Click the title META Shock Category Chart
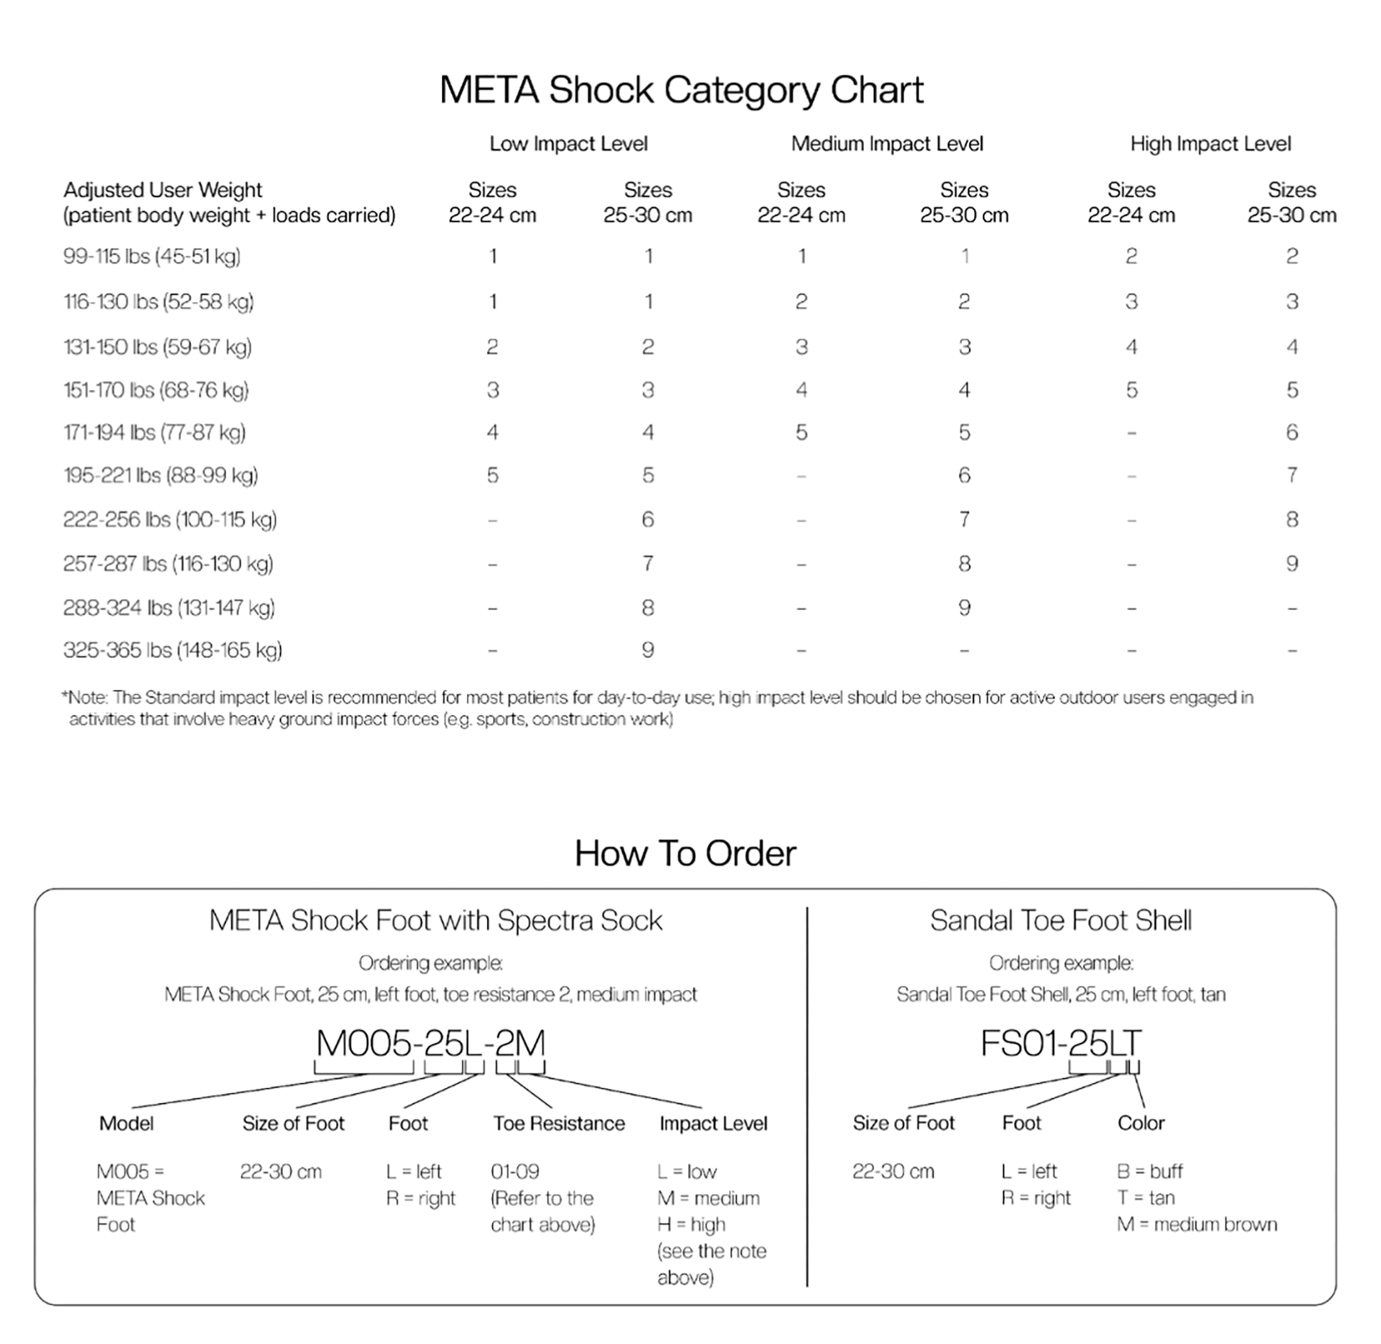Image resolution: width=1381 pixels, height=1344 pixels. click(681, 90)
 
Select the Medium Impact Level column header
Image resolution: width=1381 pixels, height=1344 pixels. click(887, 144)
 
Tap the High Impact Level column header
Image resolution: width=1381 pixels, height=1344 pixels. click(1210, 144)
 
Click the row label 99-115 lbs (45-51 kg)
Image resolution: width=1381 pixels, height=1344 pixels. click(152, 256)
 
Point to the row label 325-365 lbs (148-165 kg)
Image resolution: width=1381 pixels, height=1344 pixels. click(172, 650)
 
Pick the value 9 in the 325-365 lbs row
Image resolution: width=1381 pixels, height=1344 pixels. click(647, 650)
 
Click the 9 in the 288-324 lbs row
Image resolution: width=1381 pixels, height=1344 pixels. click(964, 608)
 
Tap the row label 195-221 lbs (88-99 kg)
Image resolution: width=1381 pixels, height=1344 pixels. click(160, 476)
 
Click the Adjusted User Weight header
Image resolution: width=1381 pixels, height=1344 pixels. click(163, 191)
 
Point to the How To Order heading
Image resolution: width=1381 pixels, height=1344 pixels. click(685, 853)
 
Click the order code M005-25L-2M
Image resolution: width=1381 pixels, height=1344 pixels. click(431, 1043)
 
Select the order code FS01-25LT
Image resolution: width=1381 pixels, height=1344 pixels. click(1060, 1043)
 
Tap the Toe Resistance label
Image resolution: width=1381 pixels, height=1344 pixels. click(559, 1123)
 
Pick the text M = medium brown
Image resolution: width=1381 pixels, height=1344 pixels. click(1196, 1224)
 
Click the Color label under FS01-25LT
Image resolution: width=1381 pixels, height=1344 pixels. click(1140, 1123)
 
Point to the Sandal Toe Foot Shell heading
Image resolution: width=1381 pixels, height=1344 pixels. click(1060, 920)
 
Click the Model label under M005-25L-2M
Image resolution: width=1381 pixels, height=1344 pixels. click(126, 1123)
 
